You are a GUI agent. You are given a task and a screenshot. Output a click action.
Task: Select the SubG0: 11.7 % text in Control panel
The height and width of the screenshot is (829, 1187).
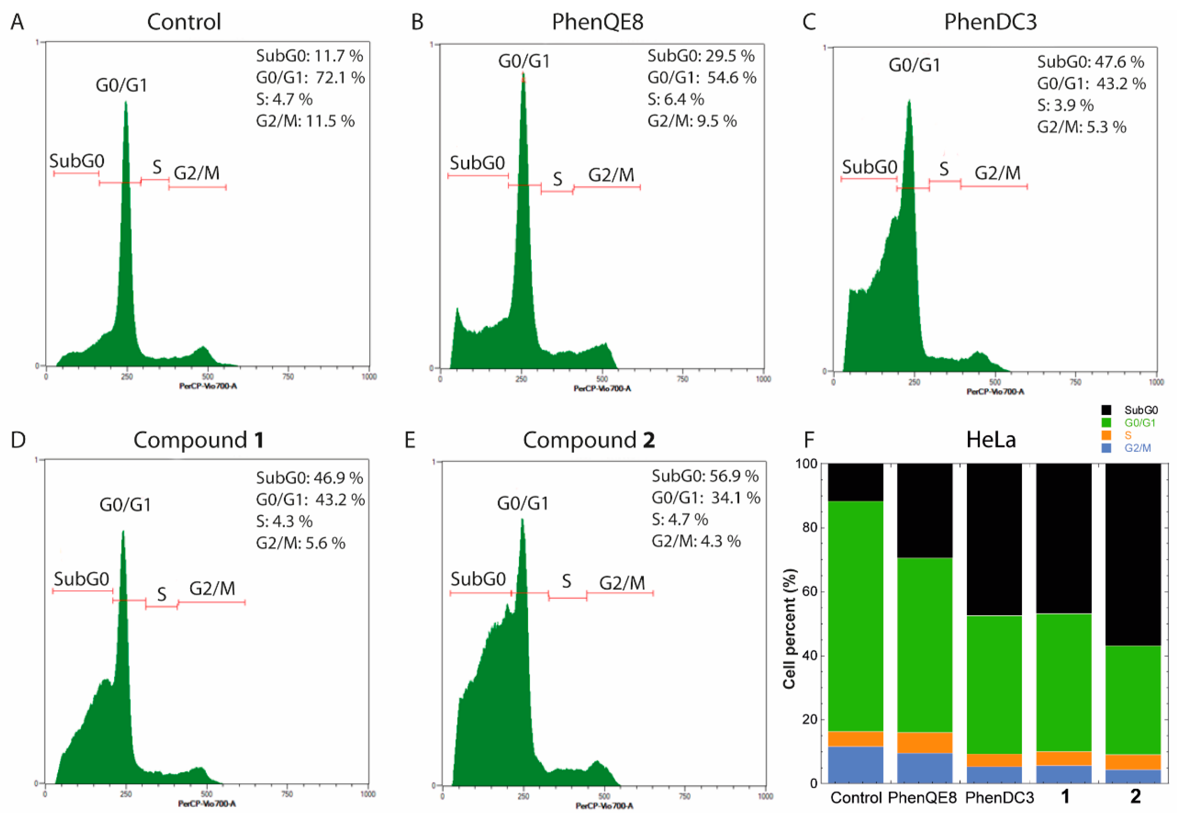[309, 56]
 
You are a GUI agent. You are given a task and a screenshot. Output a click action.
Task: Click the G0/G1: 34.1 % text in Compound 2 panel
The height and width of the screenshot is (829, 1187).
[706, 498]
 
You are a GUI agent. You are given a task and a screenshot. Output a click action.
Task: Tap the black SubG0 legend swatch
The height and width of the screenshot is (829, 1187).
[1106, 410]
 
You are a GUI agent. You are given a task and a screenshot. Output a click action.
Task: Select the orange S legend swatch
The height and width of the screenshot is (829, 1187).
[1106, 435]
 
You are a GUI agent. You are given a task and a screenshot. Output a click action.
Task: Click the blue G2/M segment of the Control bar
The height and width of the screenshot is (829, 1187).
[856, 765]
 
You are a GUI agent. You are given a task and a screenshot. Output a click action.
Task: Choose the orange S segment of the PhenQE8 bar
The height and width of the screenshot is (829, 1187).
[925, 743]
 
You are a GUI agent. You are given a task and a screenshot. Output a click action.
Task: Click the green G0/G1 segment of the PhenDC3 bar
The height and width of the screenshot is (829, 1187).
[994, 685]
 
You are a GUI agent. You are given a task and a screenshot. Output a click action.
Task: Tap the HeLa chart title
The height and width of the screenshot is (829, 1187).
[991, 440]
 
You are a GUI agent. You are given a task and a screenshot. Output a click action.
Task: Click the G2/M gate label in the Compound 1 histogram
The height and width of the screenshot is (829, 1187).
[212, 588]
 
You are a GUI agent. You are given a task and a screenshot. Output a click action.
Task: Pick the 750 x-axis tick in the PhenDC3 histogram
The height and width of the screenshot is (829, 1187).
[1075, 382]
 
